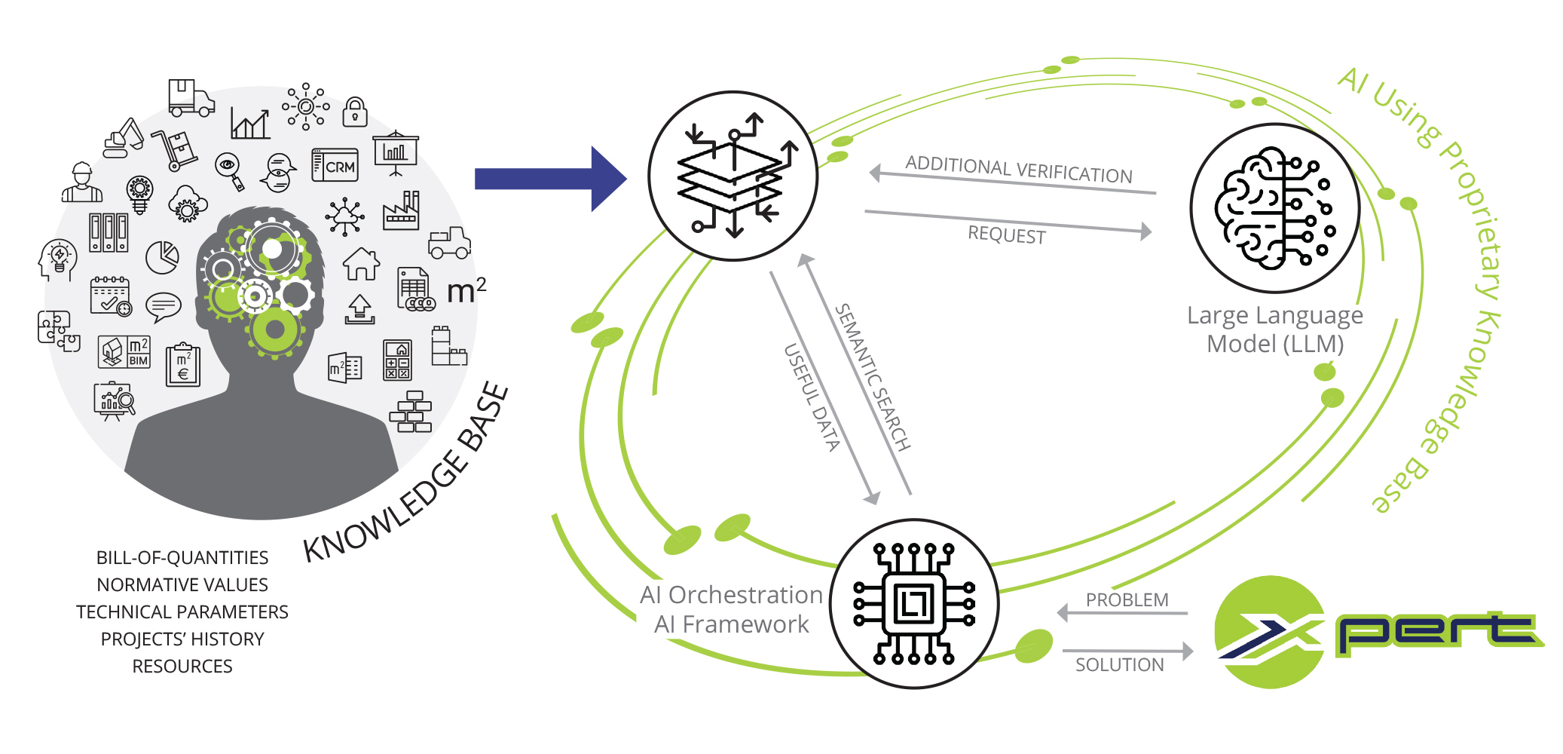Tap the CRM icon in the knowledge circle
point(335,165)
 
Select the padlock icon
point(355,112)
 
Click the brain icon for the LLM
point(1274,208)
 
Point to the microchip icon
point(914,604)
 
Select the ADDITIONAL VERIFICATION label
point(1019,170)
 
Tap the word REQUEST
point(1007,234)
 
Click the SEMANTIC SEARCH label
point(873,376)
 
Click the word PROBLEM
point(1127,600)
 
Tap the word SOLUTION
point(1119,665)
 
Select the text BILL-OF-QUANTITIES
point(182,558)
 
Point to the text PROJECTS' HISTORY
point(182,639)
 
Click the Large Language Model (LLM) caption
point(1275,329)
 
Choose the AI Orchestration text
point(731,595)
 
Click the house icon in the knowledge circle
point(361,264)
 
